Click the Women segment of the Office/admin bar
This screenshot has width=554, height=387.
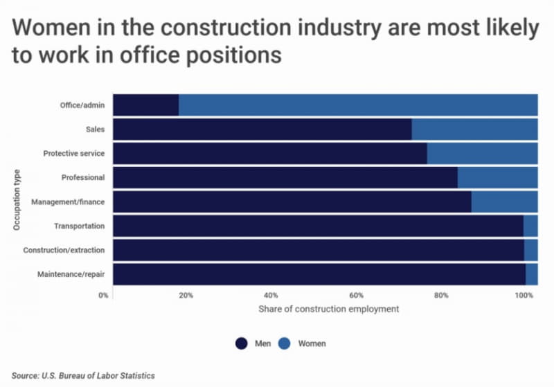tap(358, 105)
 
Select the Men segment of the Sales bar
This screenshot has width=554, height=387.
tap(262, 129)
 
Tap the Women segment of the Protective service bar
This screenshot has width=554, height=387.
tap(482, 153)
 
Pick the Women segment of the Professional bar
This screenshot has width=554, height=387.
tap(497, 177)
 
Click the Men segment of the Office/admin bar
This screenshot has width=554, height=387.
tap(145, 105)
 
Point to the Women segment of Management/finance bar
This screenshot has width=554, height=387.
tap(504, 201)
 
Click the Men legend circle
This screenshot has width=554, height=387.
tap(242, 343)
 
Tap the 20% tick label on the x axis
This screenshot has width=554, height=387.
tap(186, 295)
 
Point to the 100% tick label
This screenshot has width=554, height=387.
tap(524, 295)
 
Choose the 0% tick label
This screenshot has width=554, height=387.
tap(103, 295)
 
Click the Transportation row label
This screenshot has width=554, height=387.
tap(79, 226)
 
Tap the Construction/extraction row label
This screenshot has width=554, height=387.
tap(64, 250)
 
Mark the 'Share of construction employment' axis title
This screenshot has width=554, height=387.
tap(328, 309)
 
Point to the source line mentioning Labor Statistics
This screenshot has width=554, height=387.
tap(82, 375)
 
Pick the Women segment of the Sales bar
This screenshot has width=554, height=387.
tap(474, 129)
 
